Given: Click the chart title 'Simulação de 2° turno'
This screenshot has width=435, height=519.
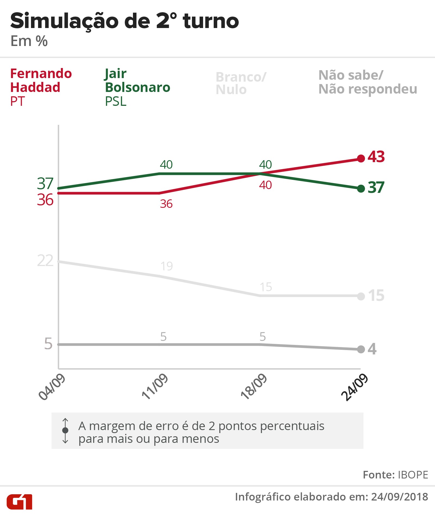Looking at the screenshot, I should click(125, 21).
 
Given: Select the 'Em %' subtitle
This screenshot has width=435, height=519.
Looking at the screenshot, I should click(29, 41).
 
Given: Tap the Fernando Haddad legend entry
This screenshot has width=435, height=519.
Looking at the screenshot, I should click(41, 87).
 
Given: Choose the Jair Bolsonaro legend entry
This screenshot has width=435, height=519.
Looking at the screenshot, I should click(137, 87).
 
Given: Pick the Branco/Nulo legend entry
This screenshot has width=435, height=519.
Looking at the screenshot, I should click(241, 83).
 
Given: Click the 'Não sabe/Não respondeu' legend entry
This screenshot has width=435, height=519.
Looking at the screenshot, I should click(368, 82).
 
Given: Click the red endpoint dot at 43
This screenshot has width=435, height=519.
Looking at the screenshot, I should click(361, 158).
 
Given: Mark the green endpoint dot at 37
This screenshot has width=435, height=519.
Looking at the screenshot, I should click(361, 188).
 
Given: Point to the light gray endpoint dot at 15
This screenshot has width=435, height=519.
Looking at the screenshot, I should click(361, 296).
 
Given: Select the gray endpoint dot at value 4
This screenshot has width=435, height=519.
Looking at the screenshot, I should click(361, 349).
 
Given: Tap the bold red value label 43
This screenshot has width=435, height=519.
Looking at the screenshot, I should click(376, 157).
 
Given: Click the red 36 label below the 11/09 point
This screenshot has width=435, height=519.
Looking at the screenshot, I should click(166, 204).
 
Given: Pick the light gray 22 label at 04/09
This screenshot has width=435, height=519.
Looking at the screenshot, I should click(45, 261).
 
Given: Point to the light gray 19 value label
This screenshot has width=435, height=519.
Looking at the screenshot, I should click(166, 266).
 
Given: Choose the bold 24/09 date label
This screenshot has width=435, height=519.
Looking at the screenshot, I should click(355, 387).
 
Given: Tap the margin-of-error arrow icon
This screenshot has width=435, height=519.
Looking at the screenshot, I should click(65, 430).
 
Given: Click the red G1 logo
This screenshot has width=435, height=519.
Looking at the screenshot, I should click(20, 502).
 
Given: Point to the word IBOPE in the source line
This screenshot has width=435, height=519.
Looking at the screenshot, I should click(413, 475).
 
